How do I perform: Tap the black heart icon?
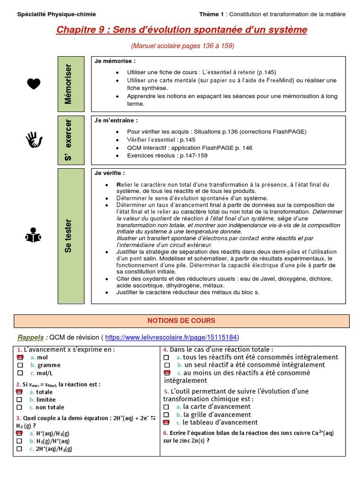click(34, 84)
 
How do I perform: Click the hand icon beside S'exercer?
click(34, 139)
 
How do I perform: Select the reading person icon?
click(34, 235)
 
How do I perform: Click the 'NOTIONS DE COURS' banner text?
click(181, 320)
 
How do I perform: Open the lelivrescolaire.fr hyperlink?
click(171, 337)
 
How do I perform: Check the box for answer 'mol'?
click(20, 358)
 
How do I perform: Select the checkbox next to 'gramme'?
click(20, 365)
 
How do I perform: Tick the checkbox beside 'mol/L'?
click(20, 373)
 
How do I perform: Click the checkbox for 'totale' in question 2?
click(19, 392)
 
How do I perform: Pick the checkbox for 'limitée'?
click(19, 399)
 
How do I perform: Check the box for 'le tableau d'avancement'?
click(166, 422)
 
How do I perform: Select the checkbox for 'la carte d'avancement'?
click(166, 406)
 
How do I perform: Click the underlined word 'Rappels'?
click(31, 337)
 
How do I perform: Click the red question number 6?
click(165, 433)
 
